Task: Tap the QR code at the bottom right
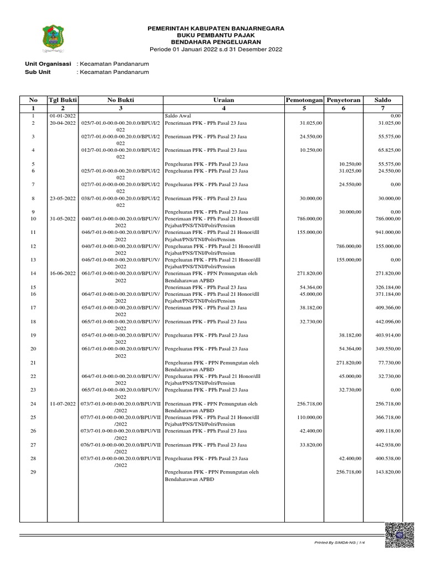pyautogui.click(x=399, y=535)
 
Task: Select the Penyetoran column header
pyautogui.click(x=343, y=100)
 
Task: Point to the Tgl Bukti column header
pyautogui.click(x=63, y=100)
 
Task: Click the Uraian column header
pyautogui.click(x=224, y=100)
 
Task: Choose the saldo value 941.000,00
pyautogui.click(x=386, y=232)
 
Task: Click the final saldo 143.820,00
pyautogui.click(x=386, y=472)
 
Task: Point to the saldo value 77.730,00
pyautogui.click(x=388, y=363)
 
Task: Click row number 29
pyautogui.click(x=33, y=472)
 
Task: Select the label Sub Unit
pyautogui.click(x=38, y=72)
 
